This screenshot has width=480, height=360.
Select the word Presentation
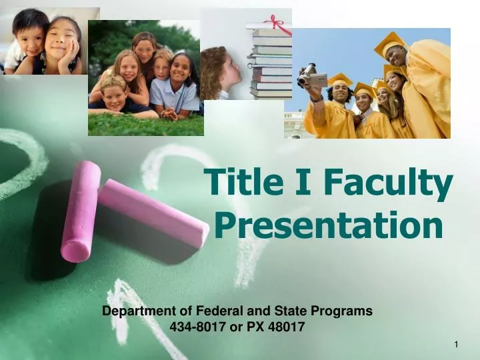[x=329, y=225]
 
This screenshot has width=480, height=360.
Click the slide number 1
[x=456, y=344]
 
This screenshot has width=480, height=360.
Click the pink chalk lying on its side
[x=154, y=213]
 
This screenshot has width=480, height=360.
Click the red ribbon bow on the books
[x=277, y=25]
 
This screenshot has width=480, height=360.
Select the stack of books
[x=270, y=63]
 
